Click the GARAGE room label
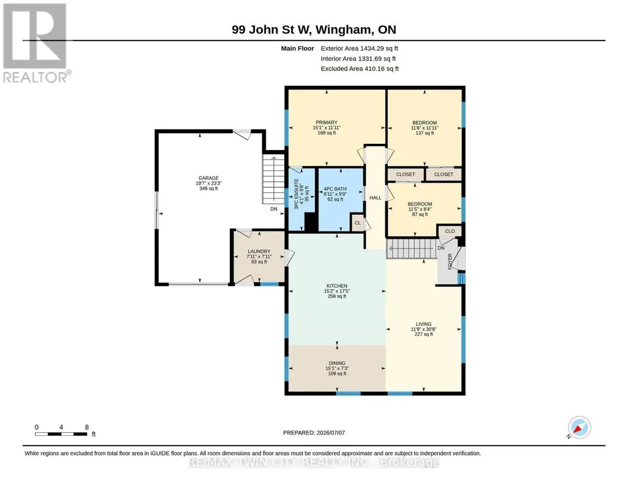click(x=209, y=178)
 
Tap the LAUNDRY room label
click(x=259, y=251)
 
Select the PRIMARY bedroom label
click(x=327, y=122)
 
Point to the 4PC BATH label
click(x=335, y=189)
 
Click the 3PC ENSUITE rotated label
click(x=297, y=194)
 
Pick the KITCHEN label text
click(x=337, y=286)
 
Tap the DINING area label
click(x=337, y=363)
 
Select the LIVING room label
click(x=424, y=324)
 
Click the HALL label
click(x=376, y=198)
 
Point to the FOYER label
click(x=450, y=261)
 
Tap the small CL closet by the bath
click(x=358, y=223)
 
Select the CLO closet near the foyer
click(x=450, y=231)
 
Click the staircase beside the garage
click(x=273, y=179)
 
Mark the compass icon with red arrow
click(x=579, y=428)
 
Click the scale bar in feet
click(x=62, y=434)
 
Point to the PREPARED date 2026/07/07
click(x=314, y=432)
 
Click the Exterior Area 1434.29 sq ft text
click(x=359, y=48)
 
